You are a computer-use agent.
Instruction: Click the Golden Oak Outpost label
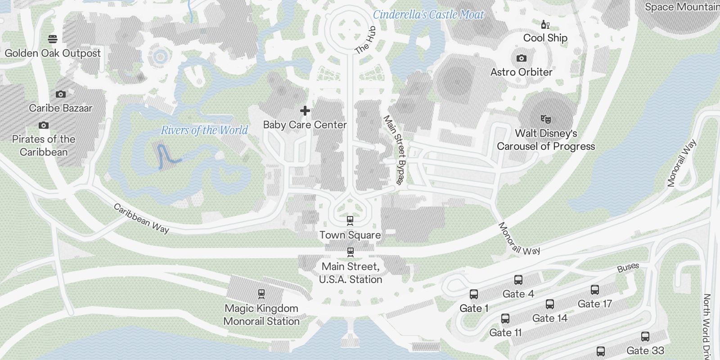[x=53, y=53]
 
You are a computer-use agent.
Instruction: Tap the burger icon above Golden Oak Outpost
[x=53, y=39]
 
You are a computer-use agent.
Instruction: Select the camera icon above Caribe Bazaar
[x=61, y=94]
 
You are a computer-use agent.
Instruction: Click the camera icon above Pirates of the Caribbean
[x=44, y=126]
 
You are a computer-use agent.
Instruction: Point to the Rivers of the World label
[x=204, y=130]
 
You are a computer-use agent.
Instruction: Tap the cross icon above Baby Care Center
[x=305, y=111]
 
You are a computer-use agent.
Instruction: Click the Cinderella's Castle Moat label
[x=428, y=15]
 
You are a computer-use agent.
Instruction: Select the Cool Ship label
[x=545, y=38]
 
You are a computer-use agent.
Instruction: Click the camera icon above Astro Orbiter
[x=522, y=58]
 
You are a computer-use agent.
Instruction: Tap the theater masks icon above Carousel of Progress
[x=546, y=119]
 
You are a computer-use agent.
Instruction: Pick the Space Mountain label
[x=682, y=7]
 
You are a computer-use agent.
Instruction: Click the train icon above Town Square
[x=350, y=220]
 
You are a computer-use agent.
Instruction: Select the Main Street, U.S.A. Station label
[x=351, y=273]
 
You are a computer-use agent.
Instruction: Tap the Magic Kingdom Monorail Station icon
[x=261, y=294]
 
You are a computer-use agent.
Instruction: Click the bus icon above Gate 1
[x=474, y=295]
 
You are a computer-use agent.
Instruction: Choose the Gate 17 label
[x=594, y=304]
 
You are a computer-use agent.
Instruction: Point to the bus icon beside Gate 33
[x=645, y=337]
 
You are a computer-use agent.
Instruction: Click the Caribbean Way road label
[x=141, y=219]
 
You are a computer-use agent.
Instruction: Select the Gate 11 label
[x=505, y=333]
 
